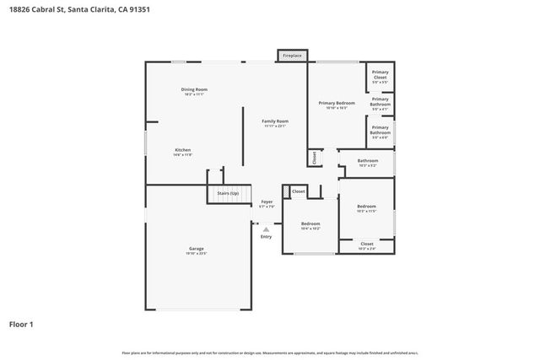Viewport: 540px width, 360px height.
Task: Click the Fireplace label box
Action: [x=292, y=56]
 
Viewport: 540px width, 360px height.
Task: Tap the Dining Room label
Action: [x=194, y=89]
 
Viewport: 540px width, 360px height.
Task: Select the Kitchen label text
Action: [x=183, y=150]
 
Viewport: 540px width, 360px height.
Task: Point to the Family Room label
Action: [x=275, y=121]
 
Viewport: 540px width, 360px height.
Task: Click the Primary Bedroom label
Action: [x=336, y=103]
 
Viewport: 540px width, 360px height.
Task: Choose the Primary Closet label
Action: [x=381, y=75]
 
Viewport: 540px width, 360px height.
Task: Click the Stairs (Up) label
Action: [x=229, y=193]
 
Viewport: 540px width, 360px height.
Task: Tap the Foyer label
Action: [x=267, y=201]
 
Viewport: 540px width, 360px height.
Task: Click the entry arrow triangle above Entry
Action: [x=267, y=228]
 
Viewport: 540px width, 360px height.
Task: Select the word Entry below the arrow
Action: [x=267, y=237]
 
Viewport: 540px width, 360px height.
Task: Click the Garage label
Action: [x=196, y=249]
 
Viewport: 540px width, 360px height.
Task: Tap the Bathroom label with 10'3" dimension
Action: [x=368, y=160]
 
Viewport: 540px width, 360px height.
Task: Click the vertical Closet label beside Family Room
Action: [x=315, y=157]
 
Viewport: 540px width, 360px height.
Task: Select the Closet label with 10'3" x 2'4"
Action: [x=367, y=244]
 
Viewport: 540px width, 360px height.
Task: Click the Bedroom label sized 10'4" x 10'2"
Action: [x=310, y=223]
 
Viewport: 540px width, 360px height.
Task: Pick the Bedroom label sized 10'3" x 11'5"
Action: [x=366, y=207]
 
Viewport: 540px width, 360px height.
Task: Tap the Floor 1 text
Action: [x=21, y=323]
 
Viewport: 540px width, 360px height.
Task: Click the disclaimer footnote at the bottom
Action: [x=270, y=352]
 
